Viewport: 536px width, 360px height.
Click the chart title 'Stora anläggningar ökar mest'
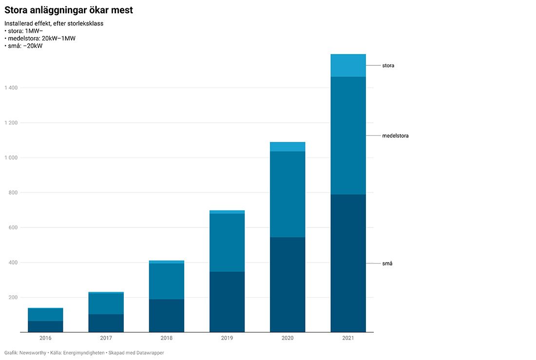[69, 10]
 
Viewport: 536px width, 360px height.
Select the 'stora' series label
[388, 66]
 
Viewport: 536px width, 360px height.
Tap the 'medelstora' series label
[395, 136]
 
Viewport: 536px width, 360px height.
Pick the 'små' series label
[387, 264]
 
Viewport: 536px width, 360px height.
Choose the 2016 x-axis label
[45, 338]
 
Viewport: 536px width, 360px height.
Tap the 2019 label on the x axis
[227, 338]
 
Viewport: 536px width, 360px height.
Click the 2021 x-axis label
[348, 338]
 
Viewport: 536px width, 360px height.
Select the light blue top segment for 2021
[348, 66]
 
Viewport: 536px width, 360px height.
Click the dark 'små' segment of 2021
[348, 263]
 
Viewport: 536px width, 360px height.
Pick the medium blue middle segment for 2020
[287, 194]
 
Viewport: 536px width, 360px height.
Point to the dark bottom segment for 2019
[227, 302]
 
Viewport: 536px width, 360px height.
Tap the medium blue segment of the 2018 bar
[167, 281]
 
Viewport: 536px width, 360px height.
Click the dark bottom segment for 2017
[106, 323]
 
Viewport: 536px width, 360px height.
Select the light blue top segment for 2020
[287, 147]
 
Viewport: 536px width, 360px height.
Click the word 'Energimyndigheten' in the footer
[84, 353]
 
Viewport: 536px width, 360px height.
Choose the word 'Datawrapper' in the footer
[148, 353]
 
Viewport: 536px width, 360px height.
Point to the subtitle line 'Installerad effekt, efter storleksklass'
[54, 23]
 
